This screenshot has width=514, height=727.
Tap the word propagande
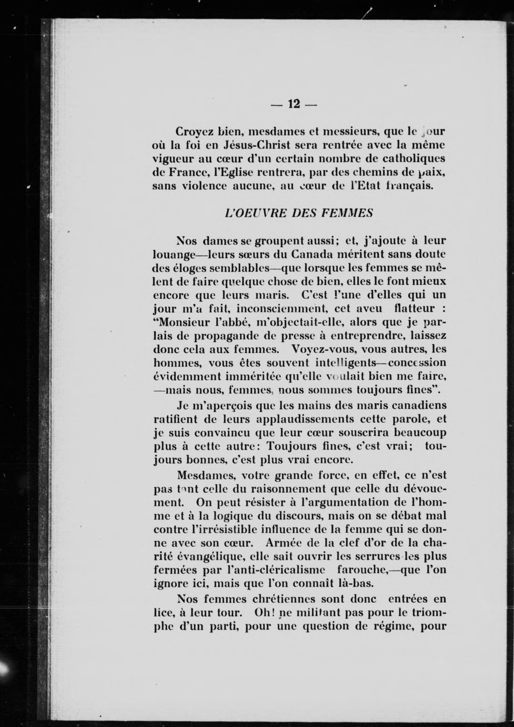tap(223, 336)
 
